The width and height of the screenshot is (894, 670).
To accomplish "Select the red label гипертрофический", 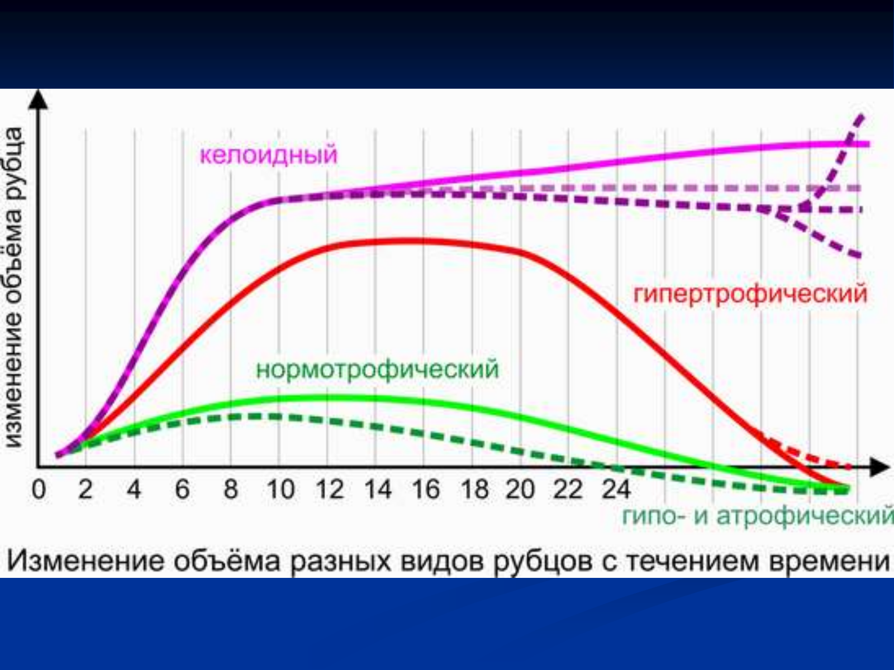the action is tap(750, 294).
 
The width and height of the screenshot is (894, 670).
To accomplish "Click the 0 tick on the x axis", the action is tap(39, 489).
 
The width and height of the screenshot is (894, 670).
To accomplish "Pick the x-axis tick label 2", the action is tap(85, 489).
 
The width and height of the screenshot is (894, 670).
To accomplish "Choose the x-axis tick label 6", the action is tap(183, 489).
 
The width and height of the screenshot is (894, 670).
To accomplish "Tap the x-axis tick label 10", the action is tap(280, 489).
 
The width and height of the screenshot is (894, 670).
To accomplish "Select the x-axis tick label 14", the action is tap(378, 489).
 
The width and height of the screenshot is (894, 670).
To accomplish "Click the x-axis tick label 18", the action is tap(474, 489).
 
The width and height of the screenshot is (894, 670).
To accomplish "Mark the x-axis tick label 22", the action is tap(568, 489).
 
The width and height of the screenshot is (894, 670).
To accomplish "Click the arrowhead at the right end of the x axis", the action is tap(879, 467).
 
